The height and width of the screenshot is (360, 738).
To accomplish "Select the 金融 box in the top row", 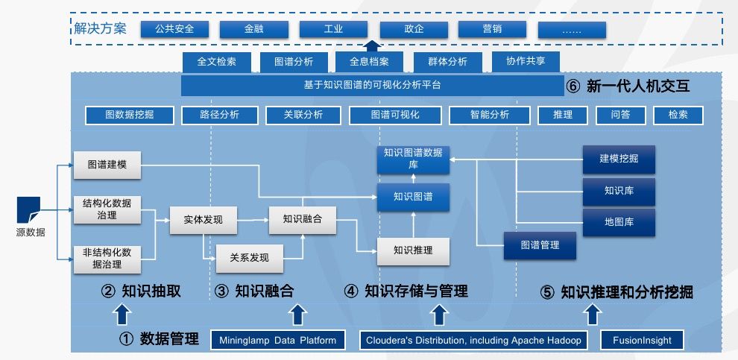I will point(253,29).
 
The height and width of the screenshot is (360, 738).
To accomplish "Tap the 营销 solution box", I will point(492,29).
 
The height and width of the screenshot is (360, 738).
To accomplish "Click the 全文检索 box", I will point(216,62).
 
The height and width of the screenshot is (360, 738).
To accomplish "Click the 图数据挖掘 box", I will point(129,116).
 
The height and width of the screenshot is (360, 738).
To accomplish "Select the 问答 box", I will point(619,116).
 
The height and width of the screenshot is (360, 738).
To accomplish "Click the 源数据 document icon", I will point(29,209).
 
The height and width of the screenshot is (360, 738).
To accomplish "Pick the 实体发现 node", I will point(203,220).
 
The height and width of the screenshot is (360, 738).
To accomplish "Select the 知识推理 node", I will point(413,251).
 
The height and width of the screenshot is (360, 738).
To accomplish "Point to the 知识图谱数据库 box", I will point(413,159).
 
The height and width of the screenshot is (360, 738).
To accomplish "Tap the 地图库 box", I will point(619,222).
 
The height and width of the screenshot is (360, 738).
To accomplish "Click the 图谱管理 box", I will point(540,245).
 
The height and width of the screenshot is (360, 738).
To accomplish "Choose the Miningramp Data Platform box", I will point(278,341).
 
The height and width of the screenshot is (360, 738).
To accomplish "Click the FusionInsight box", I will point(642,341).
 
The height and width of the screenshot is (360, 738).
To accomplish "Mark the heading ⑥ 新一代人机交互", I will point(628,86).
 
